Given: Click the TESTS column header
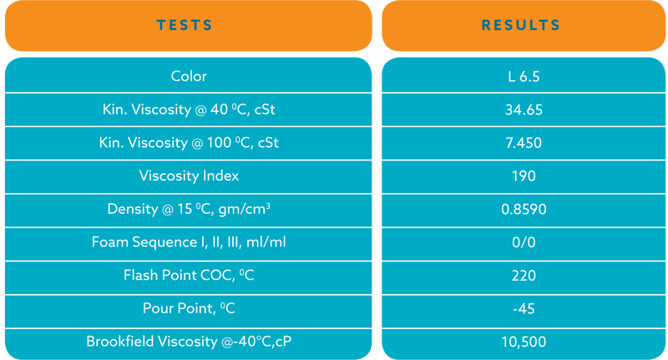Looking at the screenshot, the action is click(185, 25).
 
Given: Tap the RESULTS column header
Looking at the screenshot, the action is click(520, 25).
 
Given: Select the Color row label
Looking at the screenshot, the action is click(189, 76).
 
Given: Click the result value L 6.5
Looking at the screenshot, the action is click(524, 77).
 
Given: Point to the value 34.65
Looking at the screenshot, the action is click(524, 110).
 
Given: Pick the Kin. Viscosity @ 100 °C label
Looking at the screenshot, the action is click(189, 143).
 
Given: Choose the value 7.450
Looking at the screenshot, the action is click(524, 143).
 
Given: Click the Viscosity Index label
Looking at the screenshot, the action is click(189, 175).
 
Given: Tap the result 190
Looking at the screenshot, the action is click(524, 176).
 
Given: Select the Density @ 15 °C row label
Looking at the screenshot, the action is click(189, 209).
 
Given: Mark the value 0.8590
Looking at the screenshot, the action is click(524, 209).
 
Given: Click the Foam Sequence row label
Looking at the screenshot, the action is click(189, 242).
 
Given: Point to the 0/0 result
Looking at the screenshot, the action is click(524, 242).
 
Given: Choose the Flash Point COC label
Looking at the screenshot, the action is click(189, 275).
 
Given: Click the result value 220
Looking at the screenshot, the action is click(524, 276).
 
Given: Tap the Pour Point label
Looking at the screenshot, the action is click(189, 308).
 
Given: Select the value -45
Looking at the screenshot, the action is click(524, 308).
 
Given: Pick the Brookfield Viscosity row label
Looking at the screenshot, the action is click(189, 342).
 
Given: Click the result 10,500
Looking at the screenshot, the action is click(524, 342).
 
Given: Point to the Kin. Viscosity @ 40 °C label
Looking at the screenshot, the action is click(189, 109).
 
